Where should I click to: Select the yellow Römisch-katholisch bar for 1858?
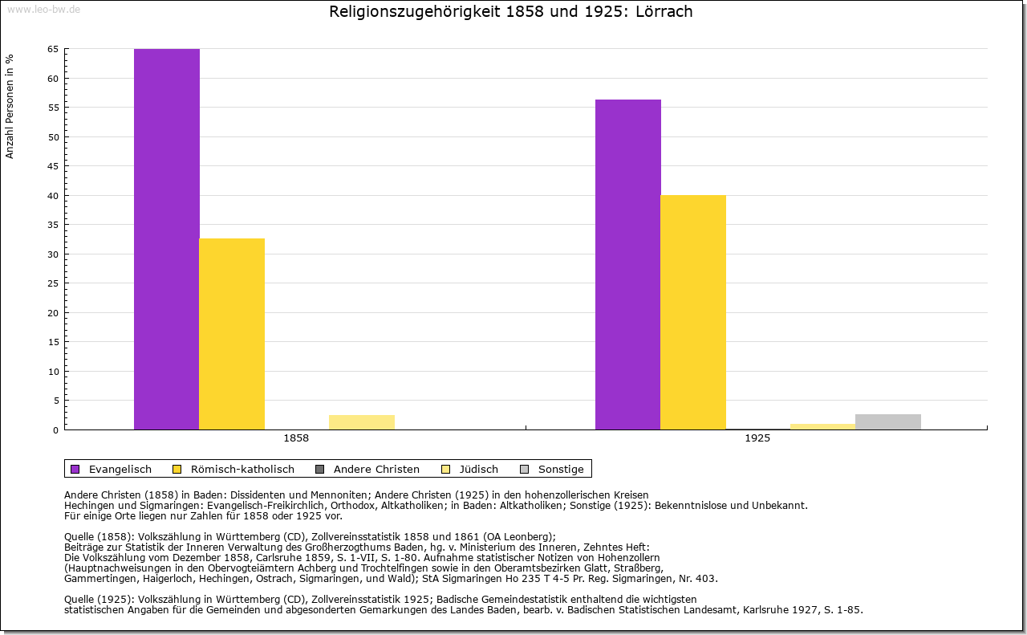click(232, 334)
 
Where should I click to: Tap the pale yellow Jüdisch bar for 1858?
click(362, 422)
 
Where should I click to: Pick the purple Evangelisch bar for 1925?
click(628, 265)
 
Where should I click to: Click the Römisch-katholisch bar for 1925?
click(693, 312)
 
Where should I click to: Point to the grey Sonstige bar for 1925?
click(888, 422)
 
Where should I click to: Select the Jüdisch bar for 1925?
click(823, 426)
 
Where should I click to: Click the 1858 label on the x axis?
click(296, 439)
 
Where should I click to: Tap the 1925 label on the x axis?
click(757, 439)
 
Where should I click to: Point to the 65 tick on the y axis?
click(53, 49)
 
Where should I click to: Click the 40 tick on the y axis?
click(53, 196)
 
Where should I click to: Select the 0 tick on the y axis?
click(55, 430)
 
